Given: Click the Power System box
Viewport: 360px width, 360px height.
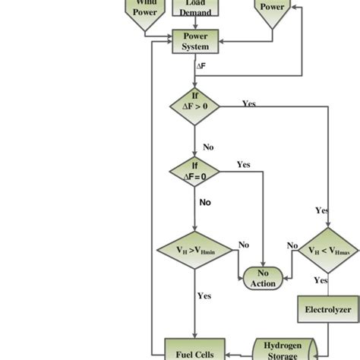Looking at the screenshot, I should (196, 41).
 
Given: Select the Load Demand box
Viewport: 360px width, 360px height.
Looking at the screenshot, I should (195, 8).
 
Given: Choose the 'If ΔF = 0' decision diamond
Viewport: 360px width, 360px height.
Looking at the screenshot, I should (194, 170).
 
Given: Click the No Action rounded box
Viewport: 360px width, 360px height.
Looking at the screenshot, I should (264, 278).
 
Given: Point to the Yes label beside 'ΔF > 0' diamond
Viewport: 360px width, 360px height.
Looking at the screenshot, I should (249, 103).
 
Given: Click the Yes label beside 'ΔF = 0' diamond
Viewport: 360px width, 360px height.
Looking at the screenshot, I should (243, 164).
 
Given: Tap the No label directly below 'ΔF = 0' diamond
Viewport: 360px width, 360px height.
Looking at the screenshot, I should (205, 203).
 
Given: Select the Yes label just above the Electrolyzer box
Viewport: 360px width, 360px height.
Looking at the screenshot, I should (321, 280).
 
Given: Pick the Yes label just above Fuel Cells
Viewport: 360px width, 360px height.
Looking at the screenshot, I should (204, 295).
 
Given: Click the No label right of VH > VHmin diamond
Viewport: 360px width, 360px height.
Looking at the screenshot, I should (244, 245).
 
